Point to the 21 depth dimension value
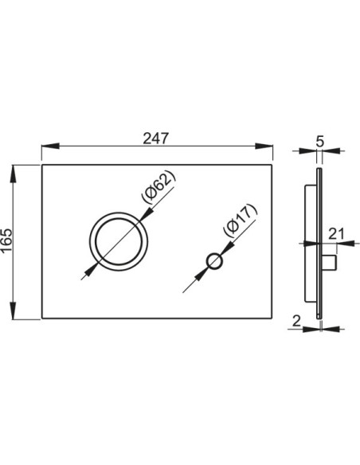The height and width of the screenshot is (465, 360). (x=335, y=233)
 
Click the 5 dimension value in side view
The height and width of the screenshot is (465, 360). (x=319, y=141)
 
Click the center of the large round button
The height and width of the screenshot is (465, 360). (x=118, y=242)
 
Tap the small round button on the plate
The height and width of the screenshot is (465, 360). (x=213, y=261)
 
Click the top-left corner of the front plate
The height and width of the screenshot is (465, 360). (x=40, y=166)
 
